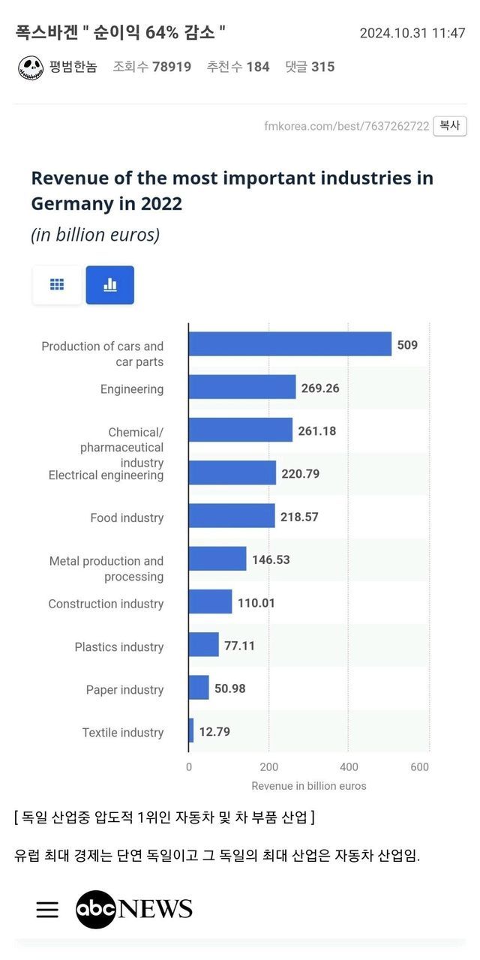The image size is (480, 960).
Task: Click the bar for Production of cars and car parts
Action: click(x=289, y=344)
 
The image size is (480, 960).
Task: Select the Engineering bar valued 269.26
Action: click(x=241, y=387)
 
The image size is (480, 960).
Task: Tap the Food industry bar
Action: click(x=231, y=516)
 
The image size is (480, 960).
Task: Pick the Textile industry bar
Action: click(x=191, y=730)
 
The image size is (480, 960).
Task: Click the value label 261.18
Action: click(x=316, y=430)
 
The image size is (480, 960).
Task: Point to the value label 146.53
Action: click(x=271, y=559)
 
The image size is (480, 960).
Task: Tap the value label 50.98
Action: click(x=229, y=688)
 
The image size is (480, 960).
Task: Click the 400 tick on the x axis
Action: click(x=349, y=766)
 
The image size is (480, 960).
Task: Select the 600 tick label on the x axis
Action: click(x=420, y=766)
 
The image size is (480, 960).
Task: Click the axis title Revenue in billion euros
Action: click(x=309, y=786)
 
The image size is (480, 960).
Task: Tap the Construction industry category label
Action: click(x=106, y=604)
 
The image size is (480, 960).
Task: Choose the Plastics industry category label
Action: click(x=118, y=646)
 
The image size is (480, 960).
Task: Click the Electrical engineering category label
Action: click(x=106, y=475)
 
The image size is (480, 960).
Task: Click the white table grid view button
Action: click(x=57, y=285)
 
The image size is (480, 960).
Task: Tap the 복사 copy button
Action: click(x=449, y=126)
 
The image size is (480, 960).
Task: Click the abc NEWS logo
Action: click(x=134, y=910)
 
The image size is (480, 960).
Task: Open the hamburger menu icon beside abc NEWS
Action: click(x=47, y=910)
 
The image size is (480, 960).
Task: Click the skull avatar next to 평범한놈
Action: click(x=31, y=67)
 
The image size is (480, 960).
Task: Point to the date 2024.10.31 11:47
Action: click(x=412, y=34)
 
